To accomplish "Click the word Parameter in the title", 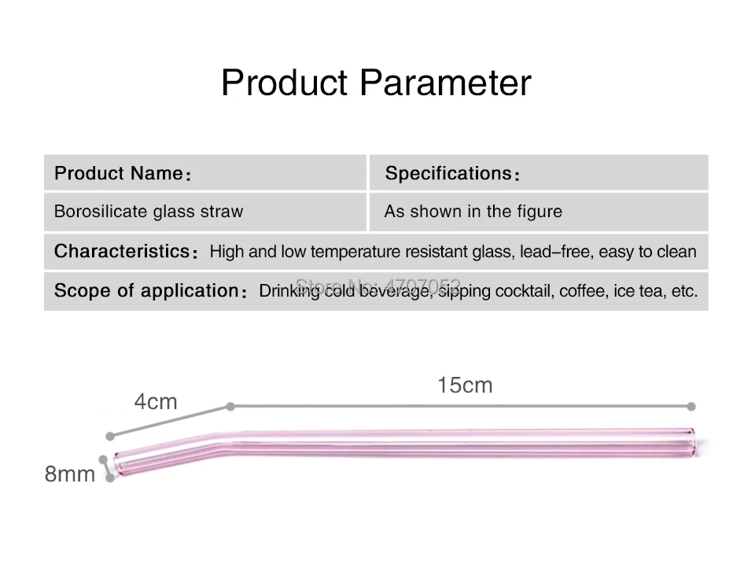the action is click(x=445, y=83).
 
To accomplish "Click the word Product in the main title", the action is click(x=285, y=83).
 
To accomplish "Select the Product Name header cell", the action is click(x=205, y=172).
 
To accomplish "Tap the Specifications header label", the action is click(x=452, y=173).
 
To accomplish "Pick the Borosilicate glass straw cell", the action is click(x=205, y=212).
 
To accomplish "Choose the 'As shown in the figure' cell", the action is click(x=539, y=212).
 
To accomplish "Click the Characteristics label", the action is click(x=126, y=251).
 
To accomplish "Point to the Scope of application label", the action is click(x=150, y=290).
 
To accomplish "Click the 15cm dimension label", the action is click(x=465, y=386).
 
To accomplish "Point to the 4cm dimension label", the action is click(x=156, y=402).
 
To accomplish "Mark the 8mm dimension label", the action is click(x=70, y=474).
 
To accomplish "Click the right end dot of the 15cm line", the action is click(x=691, y=407).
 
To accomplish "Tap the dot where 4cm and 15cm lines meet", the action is click(x=230, y=407).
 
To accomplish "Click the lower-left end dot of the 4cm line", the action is click(x=110, y=437).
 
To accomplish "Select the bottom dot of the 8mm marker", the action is click(x=110, y=478).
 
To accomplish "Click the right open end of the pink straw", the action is click(x=692, y=443).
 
